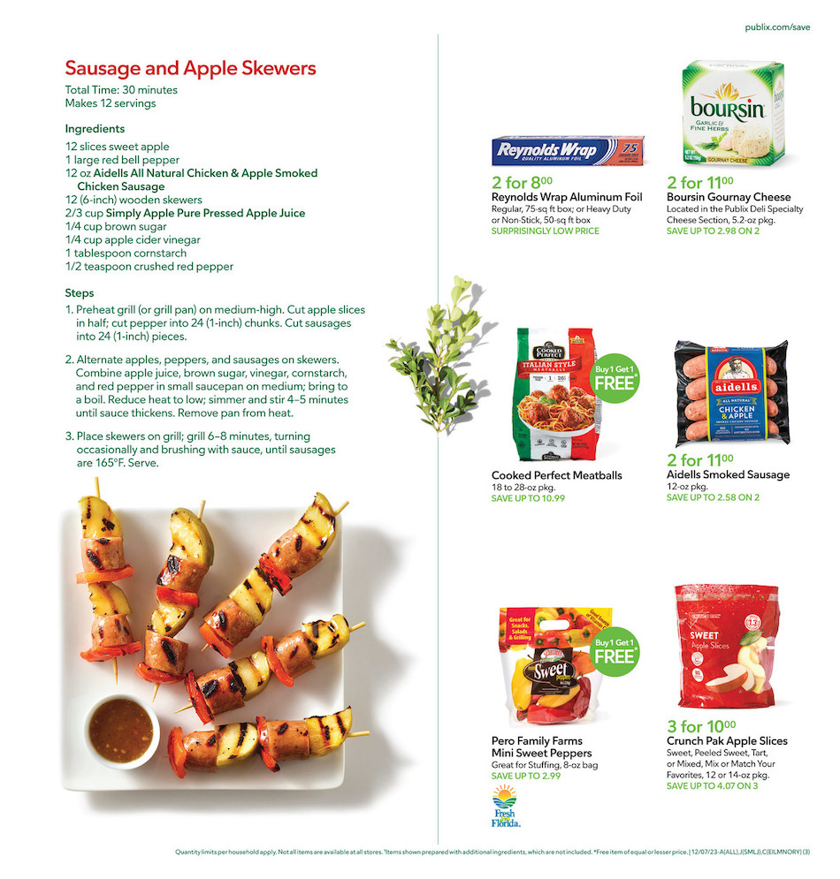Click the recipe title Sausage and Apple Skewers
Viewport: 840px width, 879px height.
[190, 69]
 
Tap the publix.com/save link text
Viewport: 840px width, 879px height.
[777, 27]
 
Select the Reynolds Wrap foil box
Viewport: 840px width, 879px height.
[568, 150]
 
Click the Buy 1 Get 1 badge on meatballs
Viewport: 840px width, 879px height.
[614, 377]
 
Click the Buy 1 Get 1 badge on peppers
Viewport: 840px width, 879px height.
[614, 651]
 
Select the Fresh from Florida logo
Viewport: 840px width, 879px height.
[506, 807]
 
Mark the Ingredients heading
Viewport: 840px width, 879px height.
[95, 129]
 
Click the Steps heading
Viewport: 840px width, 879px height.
[80, 292]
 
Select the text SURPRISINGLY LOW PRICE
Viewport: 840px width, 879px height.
[545, 231]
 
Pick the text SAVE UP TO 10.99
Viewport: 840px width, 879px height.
[528, 498]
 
